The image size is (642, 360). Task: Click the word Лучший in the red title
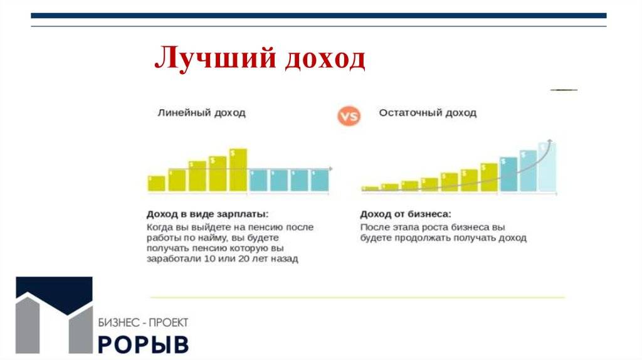click(x=216, y=58)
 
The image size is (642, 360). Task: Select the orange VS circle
click(x=349, y=116)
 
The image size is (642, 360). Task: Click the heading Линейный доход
click(x=201, y=113)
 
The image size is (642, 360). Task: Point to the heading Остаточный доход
click(x=428, y=113)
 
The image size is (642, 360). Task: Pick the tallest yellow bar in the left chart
click(x=238, y=170)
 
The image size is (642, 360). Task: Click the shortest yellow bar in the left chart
click(x=156, y=184)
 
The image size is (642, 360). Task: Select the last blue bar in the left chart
click(x=320, y=180)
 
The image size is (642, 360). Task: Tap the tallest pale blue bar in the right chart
click(x=547, y=167)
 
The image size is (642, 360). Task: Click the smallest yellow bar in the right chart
click(x=370, y=189)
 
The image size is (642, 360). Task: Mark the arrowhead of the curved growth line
click(x=550, y=142)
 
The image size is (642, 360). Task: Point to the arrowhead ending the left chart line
click(x=330, y=169)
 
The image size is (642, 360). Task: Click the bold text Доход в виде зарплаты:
click(x=208, y=214)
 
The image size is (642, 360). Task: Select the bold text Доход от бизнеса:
click(x=406, y=214)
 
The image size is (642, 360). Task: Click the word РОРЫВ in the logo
click(x=144, y=345)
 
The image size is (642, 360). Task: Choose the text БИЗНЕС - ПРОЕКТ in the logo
click(x=144, y=323)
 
